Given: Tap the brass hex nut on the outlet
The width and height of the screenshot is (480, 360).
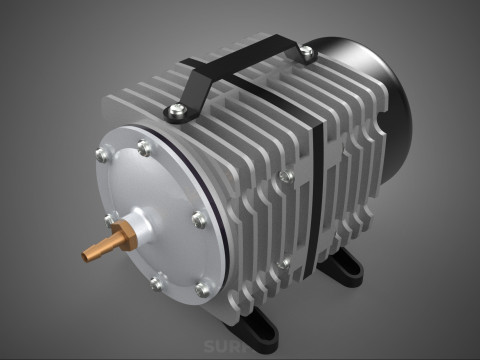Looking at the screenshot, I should click(x=123, y=237).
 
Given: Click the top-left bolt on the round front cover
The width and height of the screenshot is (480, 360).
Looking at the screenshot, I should click(x=102, y=154).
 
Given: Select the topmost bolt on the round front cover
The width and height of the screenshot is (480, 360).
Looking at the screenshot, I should click(x=145, y=149).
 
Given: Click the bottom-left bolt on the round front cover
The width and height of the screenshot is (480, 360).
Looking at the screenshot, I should click(x=156, y=284).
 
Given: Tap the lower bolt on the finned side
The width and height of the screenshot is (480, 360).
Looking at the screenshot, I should click(x=286, y=263).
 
